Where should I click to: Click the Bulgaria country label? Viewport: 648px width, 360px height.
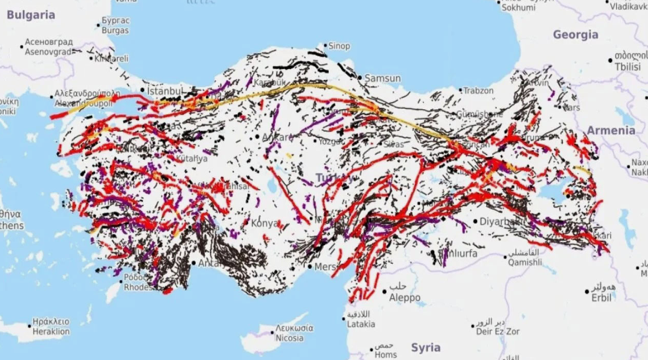point(31,15)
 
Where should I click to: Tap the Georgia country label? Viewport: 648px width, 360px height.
point(575,35)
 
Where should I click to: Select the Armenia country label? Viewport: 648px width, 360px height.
point(611,130)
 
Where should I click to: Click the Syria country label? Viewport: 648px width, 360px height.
point(426,347)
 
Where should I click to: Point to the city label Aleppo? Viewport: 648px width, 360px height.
point(405,298)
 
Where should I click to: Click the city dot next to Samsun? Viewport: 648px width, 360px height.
point(360,78)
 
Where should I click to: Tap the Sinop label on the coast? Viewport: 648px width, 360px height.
point(339,46)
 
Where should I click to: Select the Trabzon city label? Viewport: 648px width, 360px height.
point(478,91)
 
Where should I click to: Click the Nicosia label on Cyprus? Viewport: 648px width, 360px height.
point(289,338)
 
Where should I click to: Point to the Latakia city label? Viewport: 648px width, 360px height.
point(361,324)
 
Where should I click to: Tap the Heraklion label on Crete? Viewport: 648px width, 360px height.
point(50,332)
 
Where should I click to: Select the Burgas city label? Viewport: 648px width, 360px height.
point(115,30)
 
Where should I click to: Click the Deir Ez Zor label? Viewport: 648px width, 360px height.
point(497,332)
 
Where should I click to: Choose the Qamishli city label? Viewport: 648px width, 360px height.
point(524,262)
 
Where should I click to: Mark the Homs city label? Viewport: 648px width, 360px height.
point(386,354)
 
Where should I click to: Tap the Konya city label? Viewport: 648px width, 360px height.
point(264,224)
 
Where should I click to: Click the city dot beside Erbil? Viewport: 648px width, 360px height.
point(587,292)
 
